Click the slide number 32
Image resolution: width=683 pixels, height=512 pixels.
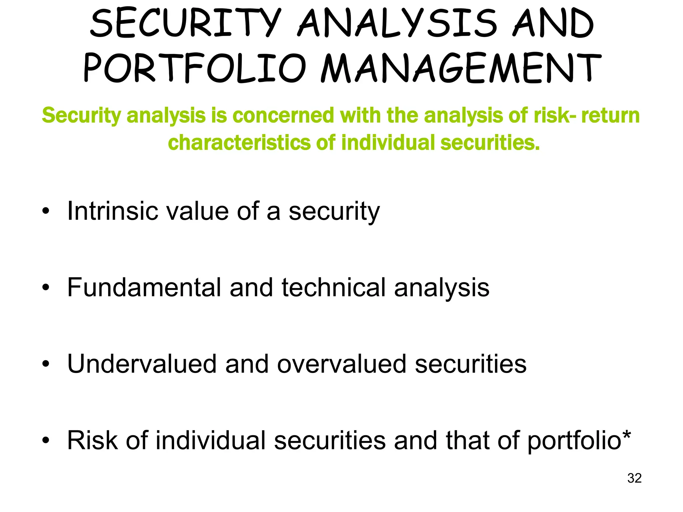pyautogui.click(x=634, y=478)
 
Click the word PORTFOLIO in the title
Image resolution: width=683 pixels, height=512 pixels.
pyautogui.click(x=194, y=68)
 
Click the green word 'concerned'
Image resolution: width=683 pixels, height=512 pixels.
pyautogui.click(x=283, y=116)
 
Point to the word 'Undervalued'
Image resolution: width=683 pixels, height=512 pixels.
pyautogui.click(x=142, y=364)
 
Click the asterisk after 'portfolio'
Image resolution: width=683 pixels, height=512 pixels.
pyautogui.click(x=626, y=435)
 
